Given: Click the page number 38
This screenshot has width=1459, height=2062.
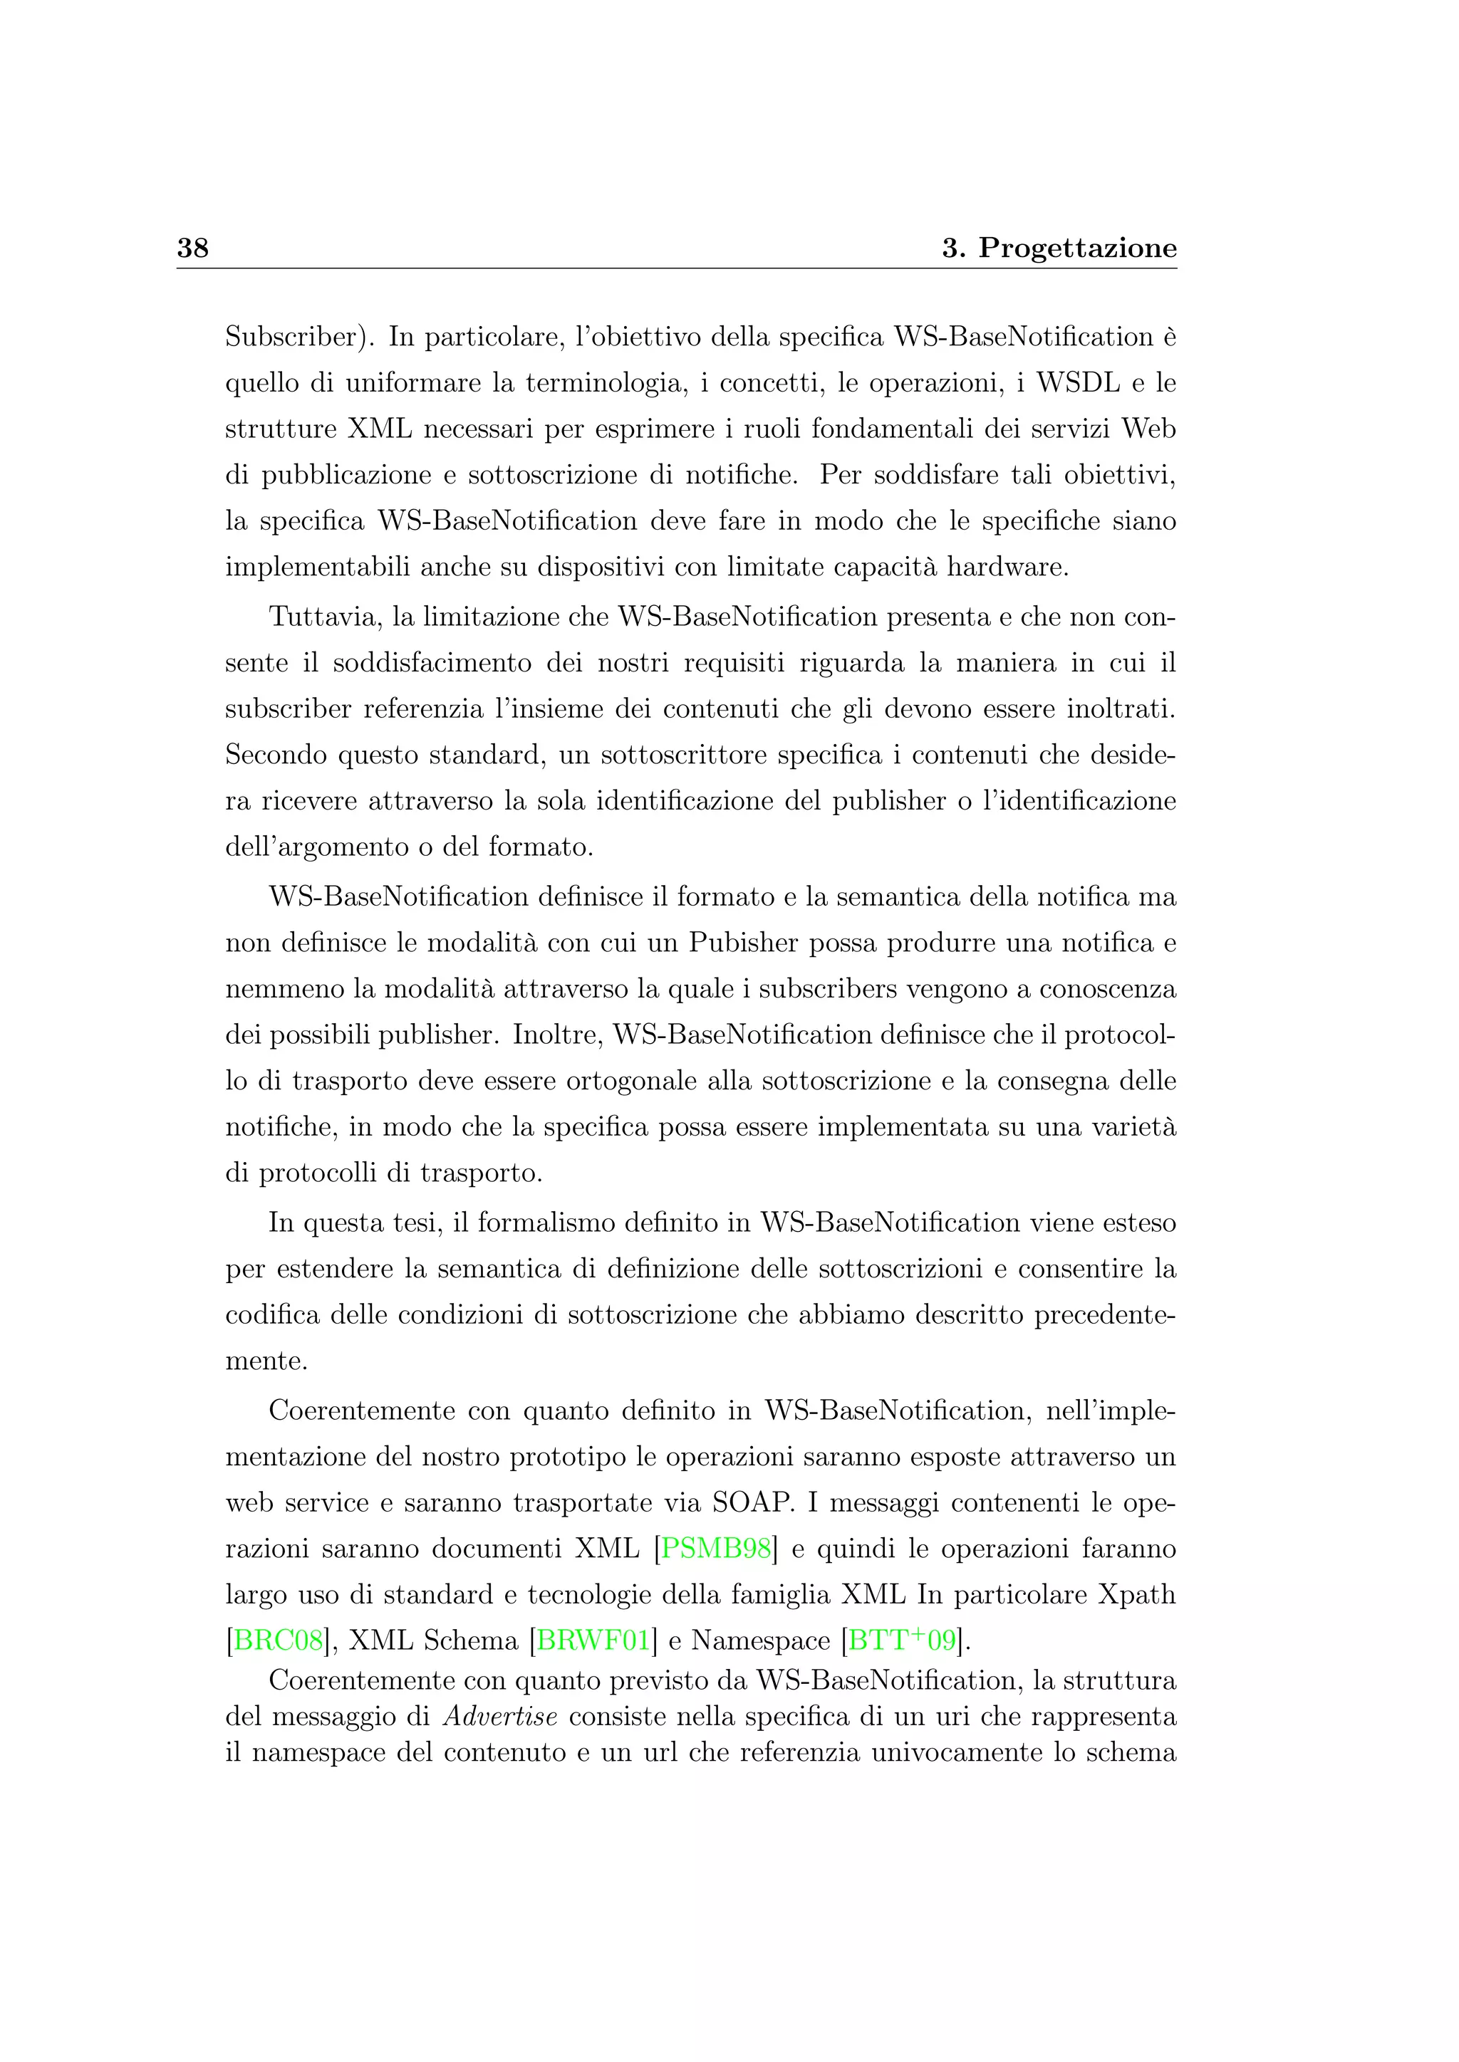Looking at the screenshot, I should tap(192, 248).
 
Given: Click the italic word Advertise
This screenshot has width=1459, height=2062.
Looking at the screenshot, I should tap(500, 1716).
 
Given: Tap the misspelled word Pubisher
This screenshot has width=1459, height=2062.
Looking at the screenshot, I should tap(744, 943).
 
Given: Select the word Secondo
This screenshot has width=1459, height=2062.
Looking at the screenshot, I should tap(276, 755).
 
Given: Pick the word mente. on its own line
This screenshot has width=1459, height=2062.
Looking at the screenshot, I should tap(266, 1362).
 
